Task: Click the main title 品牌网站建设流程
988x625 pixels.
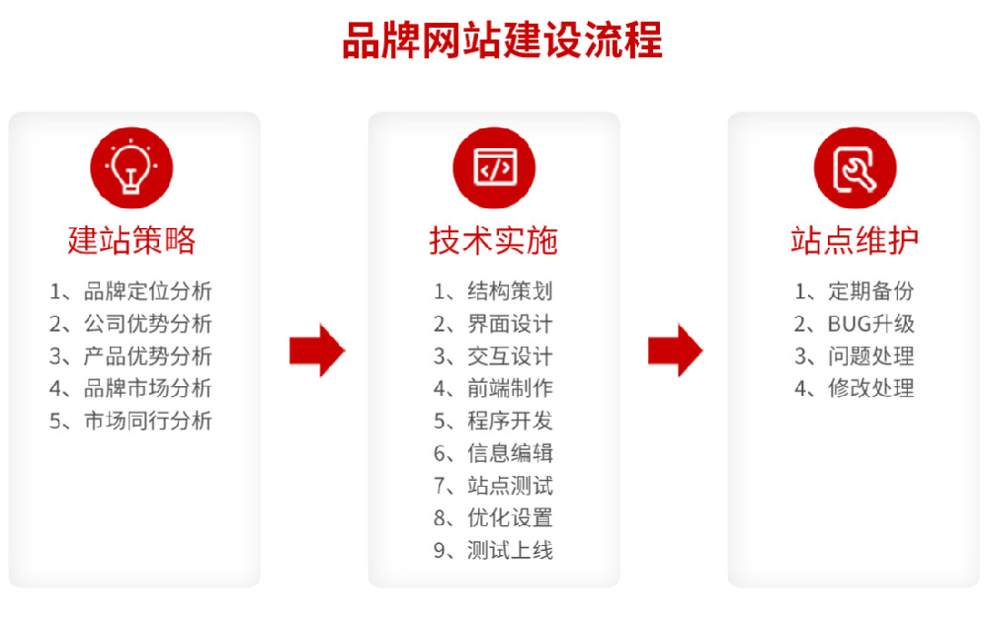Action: point(502,41)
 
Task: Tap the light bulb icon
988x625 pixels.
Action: point(131,167)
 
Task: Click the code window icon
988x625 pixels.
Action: point(494,167)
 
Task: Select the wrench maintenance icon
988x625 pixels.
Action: point(855,167)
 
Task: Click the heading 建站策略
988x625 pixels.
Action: point(131,240)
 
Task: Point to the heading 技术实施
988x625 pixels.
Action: point(493,240)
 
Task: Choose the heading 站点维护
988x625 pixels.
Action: point(855,240)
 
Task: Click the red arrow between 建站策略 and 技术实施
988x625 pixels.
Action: point(316,350)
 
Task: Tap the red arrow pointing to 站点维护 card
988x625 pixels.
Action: point(676,350)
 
